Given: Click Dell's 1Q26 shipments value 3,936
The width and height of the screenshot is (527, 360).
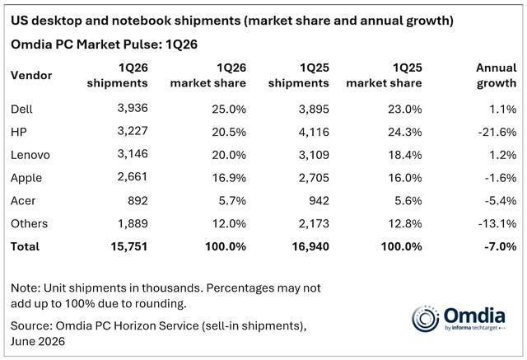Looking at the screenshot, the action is point(133,108).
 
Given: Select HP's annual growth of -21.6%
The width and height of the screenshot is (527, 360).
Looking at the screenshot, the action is point(497,132).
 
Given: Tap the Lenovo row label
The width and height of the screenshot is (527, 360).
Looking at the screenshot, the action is point(30,155).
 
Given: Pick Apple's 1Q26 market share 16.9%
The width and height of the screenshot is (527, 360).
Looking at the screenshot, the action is point(229,177).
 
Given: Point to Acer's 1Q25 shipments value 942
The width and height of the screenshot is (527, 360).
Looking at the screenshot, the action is point(319,201).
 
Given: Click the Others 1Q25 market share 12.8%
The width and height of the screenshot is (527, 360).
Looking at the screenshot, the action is point(405,223).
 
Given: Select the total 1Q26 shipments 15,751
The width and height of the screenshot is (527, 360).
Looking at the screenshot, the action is point(129,246).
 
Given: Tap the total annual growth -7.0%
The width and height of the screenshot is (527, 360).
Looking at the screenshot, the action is point(500,246).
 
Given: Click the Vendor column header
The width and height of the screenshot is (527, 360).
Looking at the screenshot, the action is point(31,75).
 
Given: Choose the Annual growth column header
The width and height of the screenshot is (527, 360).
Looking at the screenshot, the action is point(497,75).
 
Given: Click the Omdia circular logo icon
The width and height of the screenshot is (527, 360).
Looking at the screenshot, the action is point(425,319).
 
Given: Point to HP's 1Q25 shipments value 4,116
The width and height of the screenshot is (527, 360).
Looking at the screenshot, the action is point(314,132).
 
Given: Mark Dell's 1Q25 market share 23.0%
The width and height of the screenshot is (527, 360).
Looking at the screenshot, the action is point(405,109).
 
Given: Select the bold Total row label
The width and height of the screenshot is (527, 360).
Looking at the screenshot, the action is point(25,246).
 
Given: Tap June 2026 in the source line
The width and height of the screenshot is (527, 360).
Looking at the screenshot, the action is point(38,341).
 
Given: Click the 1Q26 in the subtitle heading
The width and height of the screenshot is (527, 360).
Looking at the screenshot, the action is point(181,44).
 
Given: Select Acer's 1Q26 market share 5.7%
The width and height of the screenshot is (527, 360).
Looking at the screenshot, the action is point(232,201).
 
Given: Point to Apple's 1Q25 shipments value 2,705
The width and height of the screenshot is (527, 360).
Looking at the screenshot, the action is point(314,177).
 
